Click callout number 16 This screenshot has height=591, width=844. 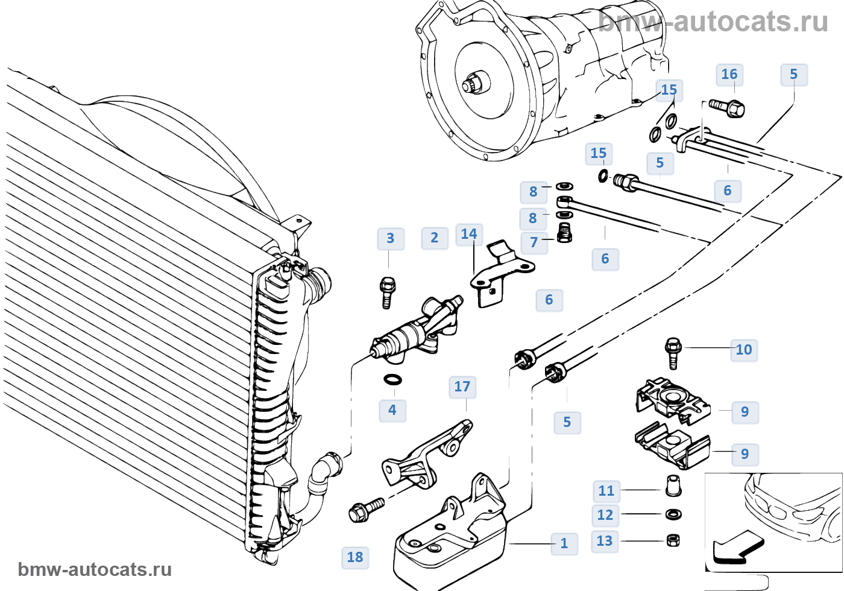coord(729,74)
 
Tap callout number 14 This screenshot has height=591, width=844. coord(469,235)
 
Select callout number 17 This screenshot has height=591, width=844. coord(462,387)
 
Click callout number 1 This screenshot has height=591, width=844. coord(564,543)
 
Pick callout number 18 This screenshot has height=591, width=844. coord(355,557)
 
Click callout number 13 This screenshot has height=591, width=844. coord(605,542)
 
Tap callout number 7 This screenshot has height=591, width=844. coord(534,242)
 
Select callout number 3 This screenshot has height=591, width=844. coord(391,239)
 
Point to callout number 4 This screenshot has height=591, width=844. coord(392,411)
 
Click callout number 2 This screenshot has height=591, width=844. coord(435,238)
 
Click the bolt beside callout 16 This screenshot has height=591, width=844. coord(727,107)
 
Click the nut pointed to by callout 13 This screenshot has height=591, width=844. coord(673,540)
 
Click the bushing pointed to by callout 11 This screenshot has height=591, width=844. coord(673,486)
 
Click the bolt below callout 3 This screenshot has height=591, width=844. coord(388,292)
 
